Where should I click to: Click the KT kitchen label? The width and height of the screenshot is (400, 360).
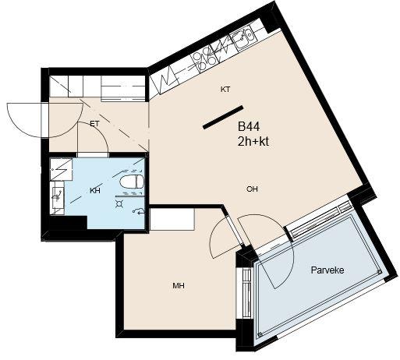pos(225,90)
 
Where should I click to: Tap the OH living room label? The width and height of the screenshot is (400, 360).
pos(252,189)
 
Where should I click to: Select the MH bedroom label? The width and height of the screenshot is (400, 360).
pos(179,286)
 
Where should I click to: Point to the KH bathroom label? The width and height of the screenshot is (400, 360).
pos(95,191)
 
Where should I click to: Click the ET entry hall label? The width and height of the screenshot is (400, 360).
pos(94,124)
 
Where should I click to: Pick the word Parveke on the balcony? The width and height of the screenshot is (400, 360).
pos(327,270)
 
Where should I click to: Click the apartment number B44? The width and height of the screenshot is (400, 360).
pos(249,127)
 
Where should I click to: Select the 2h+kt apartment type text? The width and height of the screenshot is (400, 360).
pos(253,142)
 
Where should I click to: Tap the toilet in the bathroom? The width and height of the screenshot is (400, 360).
pos(132,182)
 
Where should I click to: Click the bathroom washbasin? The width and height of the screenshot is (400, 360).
pos(57,198)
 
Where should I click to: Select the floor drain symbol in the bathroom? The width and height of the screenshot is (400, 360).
pos(119,204)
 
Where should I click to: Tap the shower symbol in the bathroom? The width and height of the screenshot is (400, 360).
pos(139,211)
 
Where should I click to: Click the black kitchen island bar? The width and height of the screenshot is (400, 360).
pos(223,118)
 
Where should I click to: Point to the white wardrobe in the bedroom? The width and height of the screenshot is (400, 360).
pos(172,220)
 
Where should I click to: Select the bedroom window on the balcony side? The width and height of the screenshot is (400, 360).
pos(246,292)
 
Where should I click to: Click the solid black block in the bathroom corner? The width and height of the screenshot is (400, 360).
pos(68,223)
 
